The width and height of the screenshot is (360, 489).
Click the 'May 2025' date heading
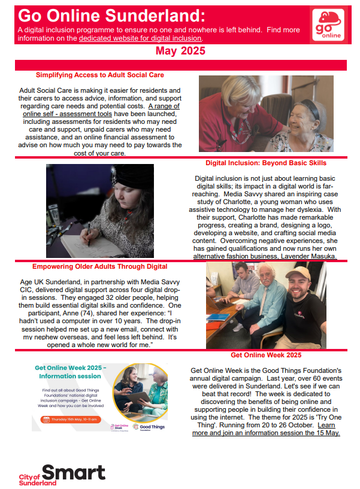coord(180,51)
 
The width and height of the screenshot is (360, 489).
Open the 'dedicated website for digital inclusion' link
coord(140,38)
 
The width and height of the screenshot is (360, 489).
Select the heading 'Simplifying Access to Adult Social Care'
coord(99,75)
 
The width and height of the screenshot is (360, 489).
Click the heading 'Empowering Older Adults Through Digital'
coord(100,266)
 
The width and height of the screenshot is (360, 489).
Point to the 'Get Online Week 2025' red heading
coord(265,355)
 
